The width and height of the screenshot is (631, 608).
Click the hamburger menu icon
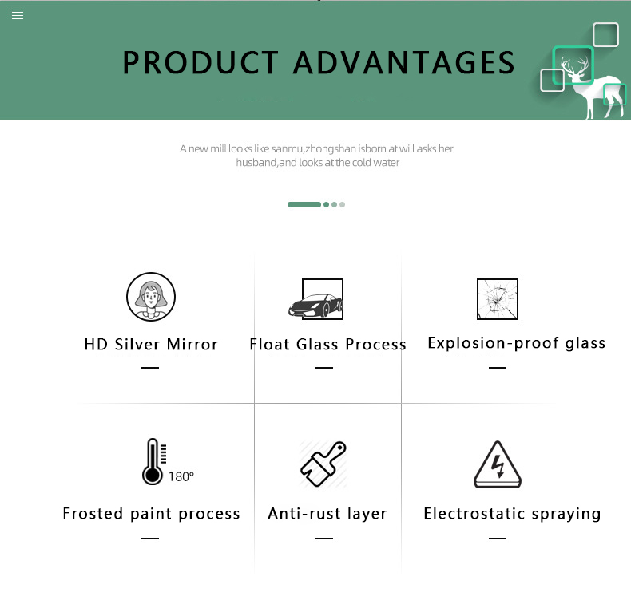point(18,16)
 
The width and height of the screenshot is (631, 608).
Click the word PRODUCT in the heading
point(200,63)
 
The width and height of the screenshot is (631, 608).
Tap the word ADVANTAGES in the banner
point(403,63)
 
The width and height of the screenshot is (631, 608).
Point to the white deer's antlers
point(574,65)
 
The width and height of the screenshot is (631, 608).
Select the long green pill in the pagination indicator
point(304,205)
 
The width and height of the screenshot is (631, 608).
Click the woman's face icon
point(151,297)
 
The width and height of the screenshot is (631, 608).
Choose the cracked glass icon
point(498,299)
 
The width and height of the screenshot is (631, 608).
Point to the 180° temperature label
point(181,477)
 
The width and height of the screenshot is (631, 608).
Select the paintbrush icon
point(323,464)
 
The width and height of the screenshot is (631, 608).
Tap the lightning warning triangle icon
point(498,464)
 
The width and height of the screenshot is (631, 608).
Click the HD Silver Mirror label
point(151,345)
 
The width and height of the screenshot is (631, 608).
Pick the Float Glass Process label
point(327,345)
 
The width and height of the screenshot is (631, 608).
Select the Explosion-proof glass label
point(516,343)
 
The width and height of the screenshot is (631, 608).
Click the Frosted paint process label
point(151,514)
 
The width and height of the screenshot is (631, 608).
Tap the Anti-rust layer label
point(327,514)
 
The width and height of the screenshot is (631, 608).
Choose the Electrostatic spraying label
point(512,514)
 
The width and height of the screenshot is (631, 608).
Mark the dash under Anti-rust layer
point(324,538)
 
